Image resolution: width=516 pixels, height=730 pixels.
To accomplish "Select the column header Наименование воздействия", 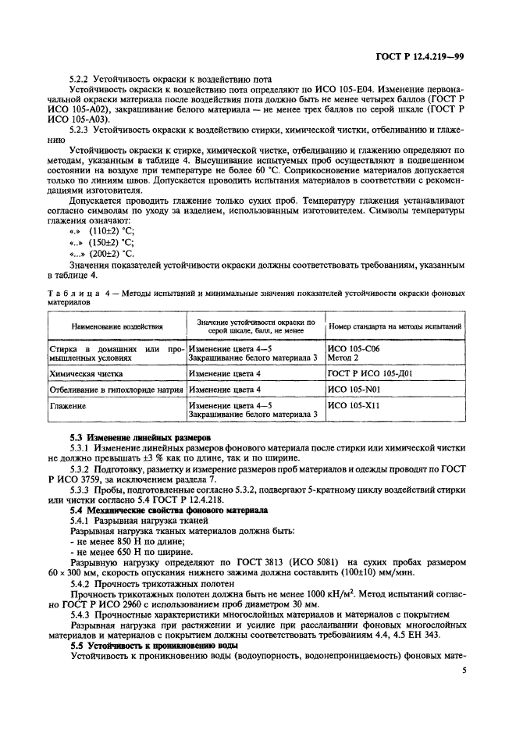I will tap(117, 326).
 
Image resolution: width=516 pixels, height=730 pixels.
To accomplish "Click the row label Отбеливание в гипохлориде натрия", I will tap(117, 388).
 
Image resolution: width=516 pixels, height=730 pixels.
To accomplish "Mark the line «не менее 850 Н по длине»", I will tap(124, 541).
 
